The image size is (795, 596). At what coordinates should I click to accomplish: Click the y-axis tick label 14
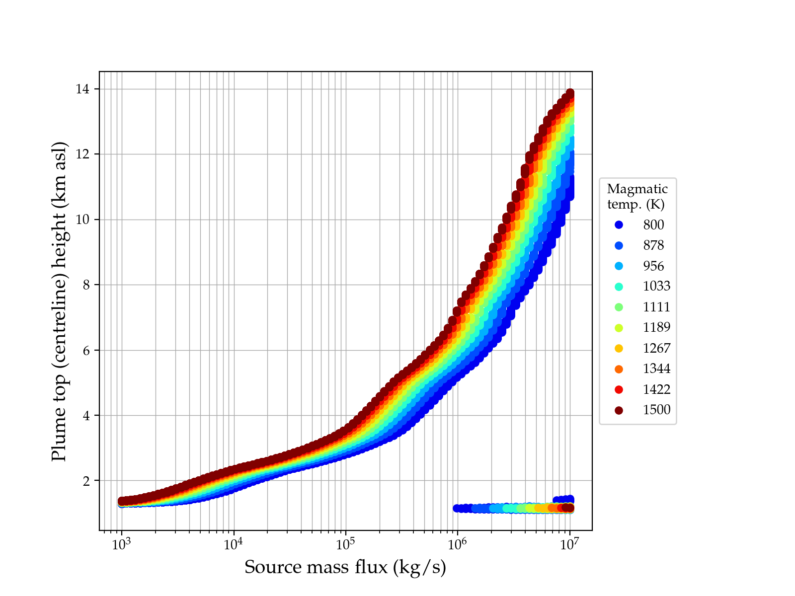tap(83, 89)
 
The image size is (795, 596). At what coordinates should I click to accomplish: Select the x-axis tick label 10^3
tap(121, 544)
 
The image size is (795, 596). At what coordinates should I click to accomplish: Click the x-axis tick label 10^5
tap(345, 544)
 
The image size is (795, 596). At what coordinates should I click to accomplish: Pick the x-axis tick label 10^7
tap(569, 544)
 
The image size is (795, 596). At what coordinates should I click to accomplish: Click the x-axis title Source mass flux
tap(345, 567)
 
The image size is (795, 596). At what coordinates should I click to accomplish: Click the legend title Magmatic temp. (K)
tap(637, 196)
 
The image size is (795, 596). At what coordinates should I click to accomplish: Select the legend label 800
tap(653, 225)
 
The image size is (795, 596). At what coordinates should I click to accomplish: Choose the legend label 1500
tap(656, 410)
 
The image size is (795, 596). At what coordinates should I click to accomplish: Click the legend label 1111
tap(656, 307)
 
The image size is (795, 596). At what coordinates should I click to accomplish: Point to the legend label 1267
tap(656, 348)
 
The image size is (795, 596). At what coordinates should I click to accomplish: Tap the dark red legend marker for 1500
tap(619, 410)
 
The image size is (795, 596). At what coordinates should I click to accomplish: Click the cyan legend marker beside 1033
tap(619, 287)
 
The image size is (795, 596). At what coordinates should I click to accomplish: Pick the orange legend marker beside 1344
tap(619, 369)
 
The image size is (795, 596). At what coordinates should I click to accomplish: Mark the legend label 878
tap(653, 245)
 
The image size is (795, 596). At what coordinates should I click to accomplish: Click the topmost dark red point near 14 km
tap(570, 93)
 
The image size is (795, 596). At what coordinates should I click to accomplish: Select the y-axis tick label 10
tap(83, 220)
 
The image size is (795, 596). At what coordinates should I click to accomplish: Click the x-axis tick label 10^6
tap(457, 544)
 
